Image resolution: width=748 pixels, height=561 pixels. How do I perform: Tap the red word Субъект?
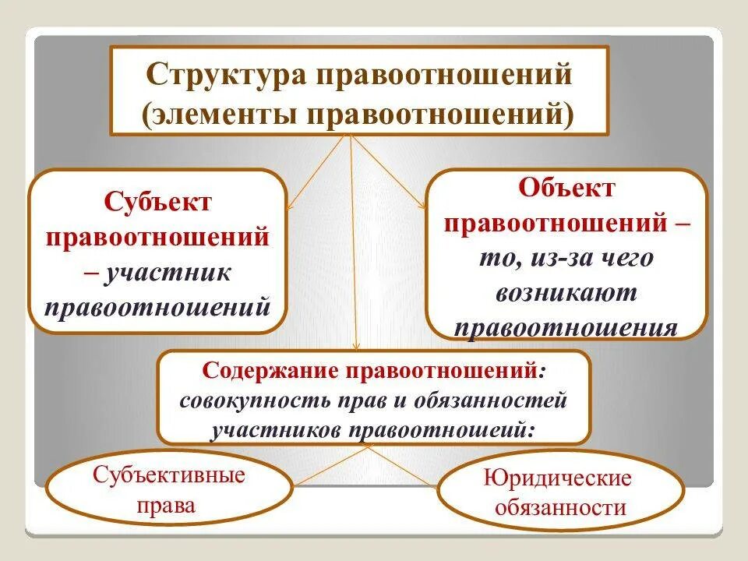point(158,203)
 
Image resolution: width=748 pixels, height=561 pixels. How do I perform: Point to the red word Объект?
point(566,188)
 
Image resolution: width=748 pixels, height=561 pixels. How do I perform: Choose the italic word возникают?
point(566,293)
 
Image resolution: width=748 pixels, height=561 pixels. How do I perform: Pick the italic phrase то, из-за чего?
point(566,258)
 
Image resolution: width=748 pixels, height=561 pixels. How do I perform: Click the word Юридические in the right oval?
point(558,478)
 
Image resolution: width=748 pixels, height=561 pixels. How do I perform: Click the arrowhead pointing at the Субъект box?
point(289,206)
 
